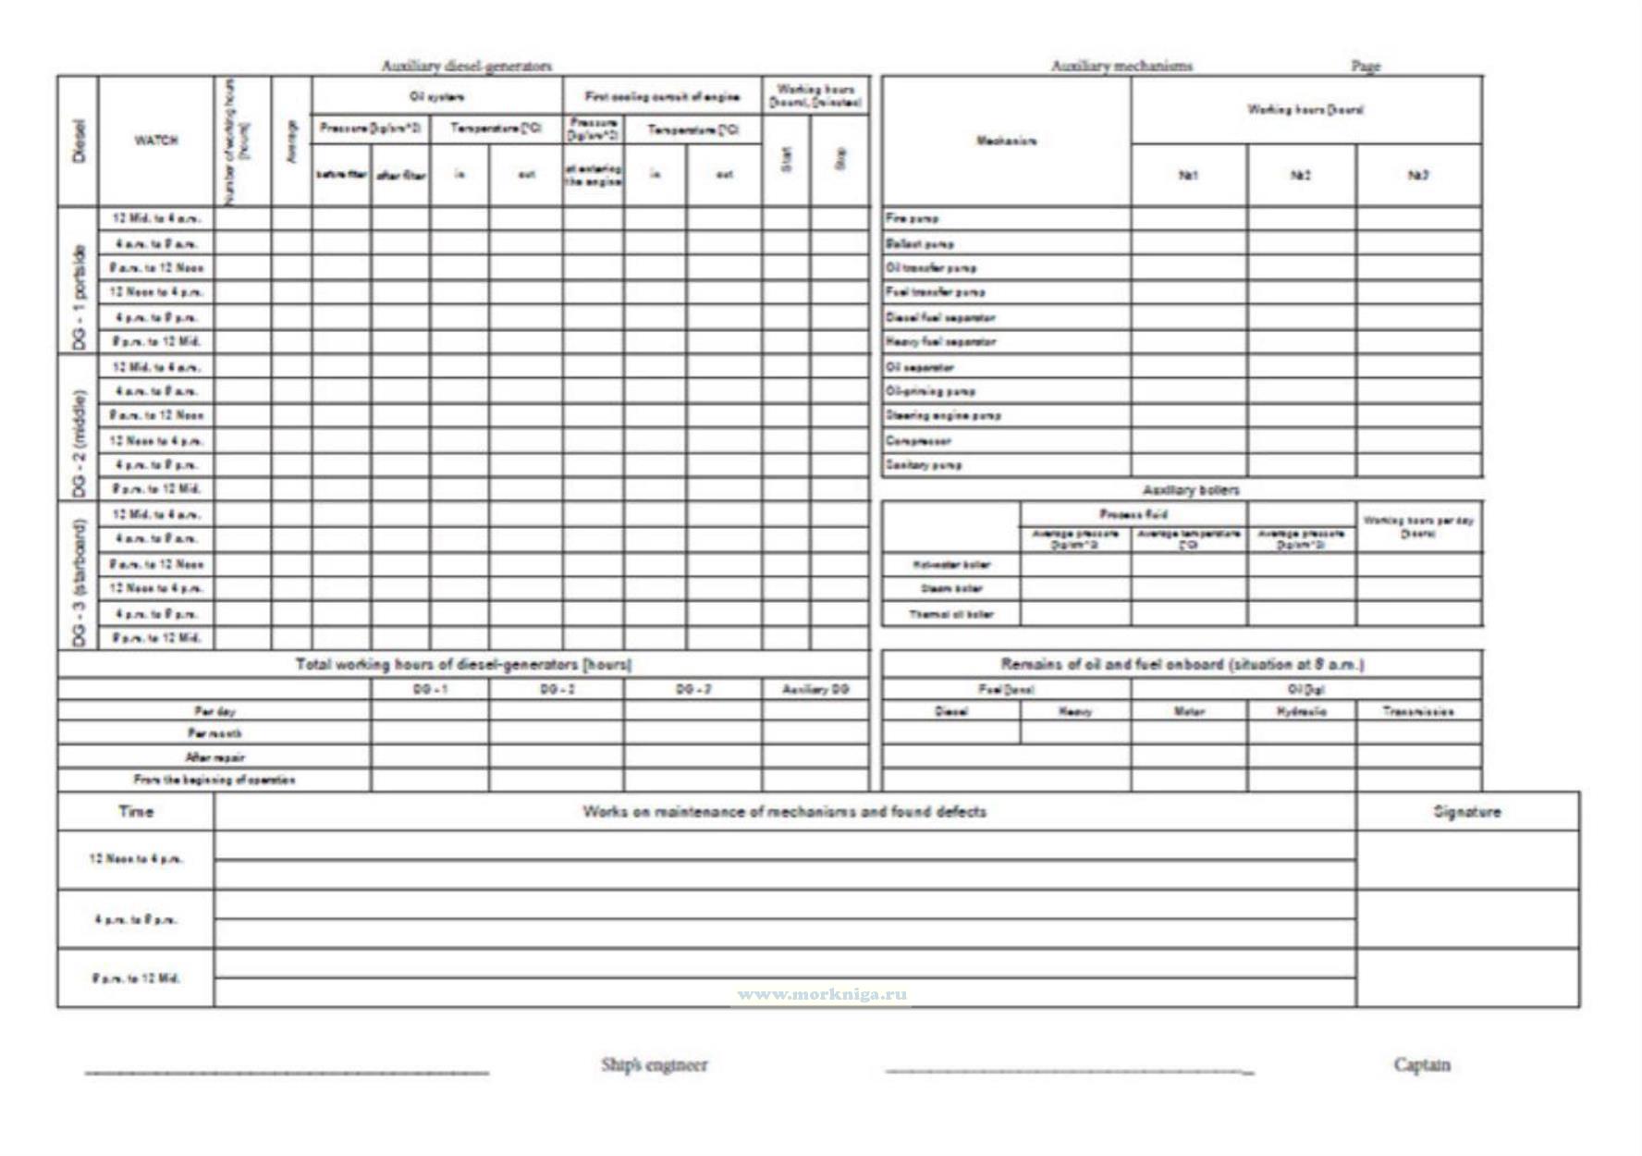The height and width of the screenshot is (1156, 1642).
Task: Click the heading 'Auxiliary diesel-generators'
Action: click(x=467, y=66)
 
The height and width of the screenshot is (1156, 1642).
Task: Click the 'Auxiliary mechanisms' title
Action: click(x=1121, y=66)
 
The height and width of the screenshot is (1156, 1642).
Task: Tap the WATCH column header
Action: click(x=156, y=141)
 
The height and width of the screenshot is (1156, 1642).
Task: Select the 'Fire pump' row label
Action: click(x=912, y=219)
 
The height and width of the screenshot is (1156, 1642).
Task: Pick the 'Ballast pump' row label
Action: click(x=920, y=244)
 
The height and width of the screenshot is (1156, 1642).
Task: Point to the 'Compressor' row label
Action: click(x=918, y=441)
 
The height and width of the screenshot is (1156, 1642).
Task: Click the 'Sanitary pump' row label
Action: click(x=924, y=465)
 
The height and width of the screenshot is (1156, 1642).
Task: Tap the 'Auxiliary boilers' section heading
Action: click(x=1191, y=490)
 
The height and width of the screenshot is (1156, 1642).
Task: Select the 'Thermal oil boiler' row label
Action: click(x=950, y=614)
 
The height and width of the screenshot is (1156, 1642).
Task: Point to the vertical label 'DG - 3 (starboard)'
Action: click(x=79, y=582)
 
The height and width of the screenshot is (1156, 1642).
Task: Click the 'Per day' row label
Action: click(x=214, y=712)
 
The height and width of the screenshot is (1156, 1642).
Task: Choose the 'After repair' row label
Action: click(x=214, y=757)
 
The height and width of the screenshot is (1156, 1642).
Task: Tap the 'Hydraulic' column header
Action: click(x=1301, y=712)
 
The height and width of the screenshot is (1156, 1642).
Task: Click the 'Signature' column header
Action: click(x=1467, y=812)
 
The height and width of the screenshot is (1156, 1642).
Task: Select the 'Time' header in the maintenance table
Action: click(x=136, y=812)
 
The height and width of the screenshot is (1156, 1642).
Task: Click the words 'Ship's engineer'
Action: click(x=655, y=1064)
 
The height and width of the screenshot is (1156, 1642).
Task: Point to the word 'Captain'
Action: click(x=1422, y=1064)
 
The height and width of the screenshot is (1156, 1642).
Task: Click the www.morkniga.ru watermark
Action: click(x=822, y=995)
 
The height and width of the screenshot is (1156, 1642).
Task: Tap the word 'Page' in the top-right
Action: click(x=1366, y=66)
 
